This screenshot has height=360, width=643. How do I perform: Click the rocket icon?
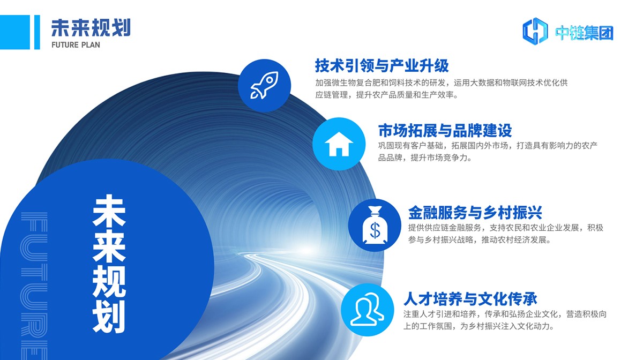264,85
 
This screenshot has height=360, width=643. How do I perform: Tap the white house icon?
339,144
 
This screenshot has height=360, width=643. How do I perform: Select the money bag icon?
375,225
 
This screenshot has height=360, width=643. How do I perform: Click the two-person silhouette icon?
367,309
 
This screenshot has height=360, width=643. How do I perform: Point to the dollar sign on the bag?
375,230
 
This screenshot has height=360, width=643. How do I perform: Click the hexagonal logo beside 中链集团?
535,31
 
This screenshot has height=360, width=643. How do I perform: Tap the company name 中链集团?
584,33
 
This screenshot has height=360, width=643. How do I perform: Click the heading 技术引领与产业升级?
382,65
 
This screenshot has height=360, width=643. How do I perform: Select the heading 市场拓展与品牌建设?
445,131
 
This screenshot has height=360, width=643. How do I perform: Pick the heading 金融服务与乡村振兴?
475,213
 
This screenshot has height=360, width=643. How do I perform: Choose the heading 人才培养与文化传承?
470,299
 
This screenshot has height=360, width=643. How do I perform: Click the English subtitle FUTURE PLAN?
76,45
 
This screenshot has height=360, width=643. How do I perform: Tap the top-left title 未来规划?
91,28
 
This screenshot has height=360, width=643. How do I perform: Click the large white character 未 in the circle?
109,211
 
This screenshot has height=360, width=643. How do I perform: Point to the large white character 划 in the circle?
109,317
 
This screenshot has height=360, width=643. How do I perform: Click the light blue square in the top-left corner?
15,32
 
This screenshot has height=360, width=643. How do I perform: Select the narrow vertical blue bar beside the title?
37,32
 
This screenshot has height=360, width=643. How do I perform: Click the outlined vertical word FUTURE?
34,286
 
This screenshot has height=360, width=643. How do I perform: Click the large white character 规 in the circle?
109,281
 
